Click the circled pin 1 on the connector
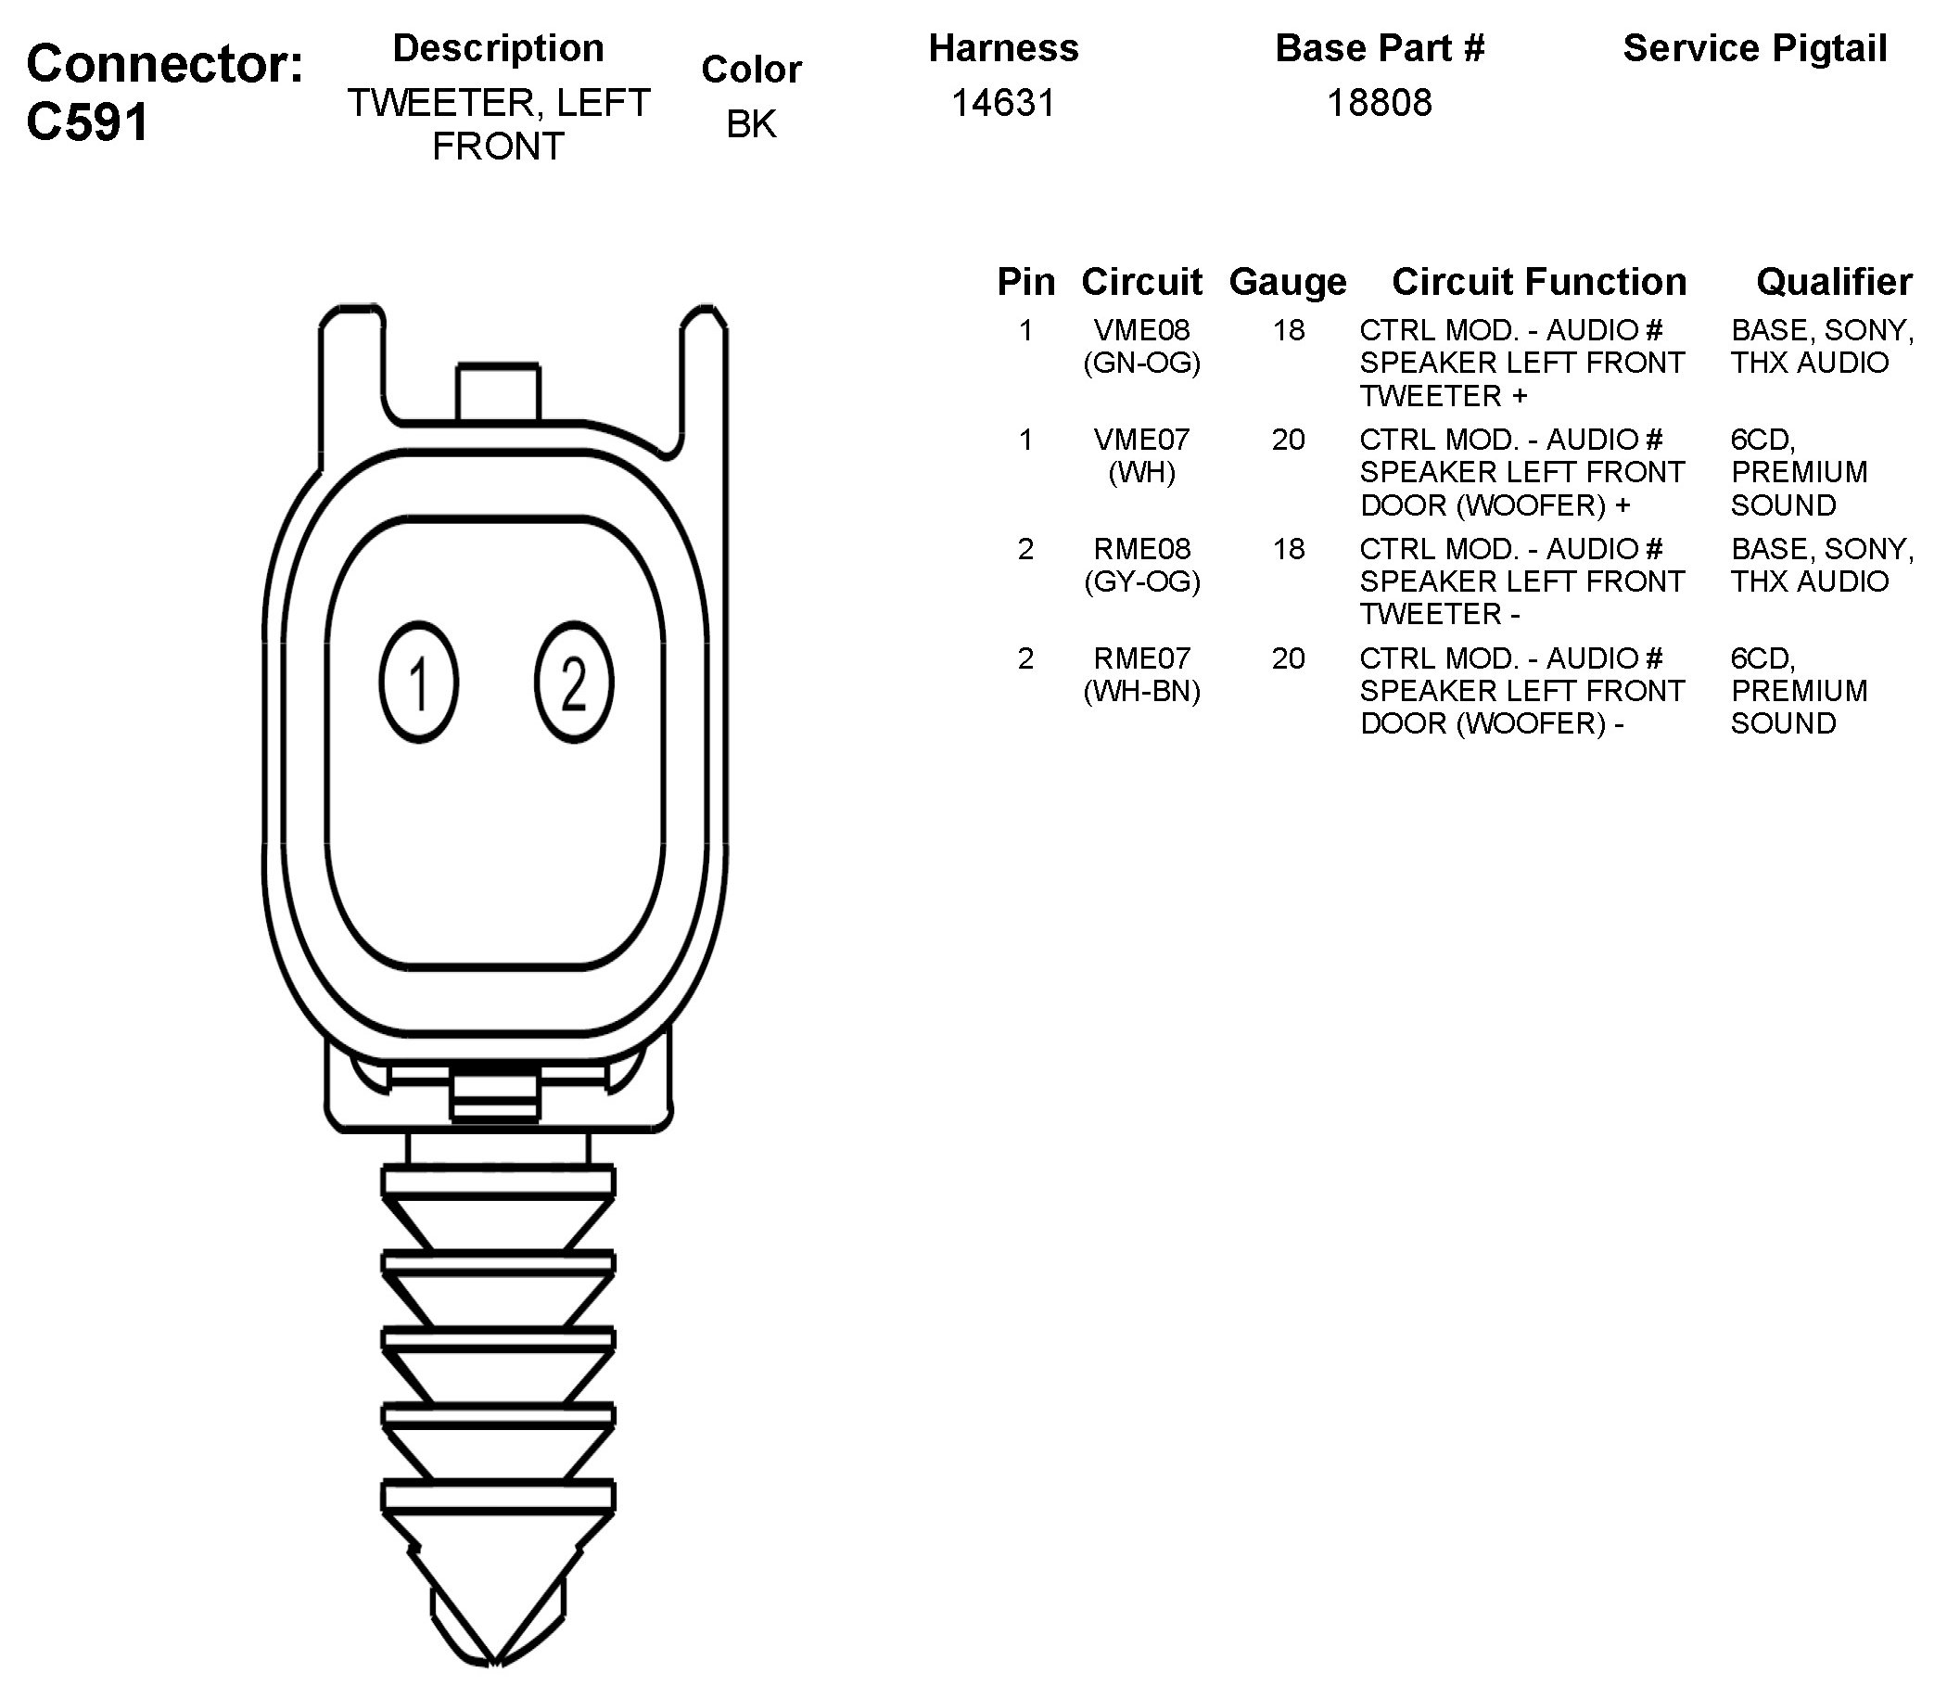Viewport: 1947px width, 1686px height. point(418,683)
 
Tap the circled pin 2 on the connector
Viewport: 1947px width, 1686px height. point(574,683)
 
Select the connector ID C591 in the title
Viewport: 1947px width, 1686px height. point(87,122)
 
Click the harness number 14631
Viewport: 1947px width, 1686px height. point(1002,103)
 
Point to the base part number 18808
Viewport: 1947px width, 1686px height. point(1379,103)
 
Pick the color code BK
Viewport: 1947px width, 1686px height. point(752,124)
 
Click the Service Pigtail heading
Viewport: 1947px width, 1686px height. point(1754,49)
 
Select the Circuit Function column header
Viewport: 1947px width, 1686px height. point(1539,281)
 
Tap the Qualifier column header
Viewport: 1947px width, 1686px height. point(1833,281)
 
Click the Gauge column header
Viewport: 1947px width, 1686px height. point(1288,281)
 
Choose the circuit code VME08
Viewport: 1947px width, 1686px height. point(1142,330)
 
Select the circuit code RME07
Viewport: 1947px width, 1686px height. point(1142,658)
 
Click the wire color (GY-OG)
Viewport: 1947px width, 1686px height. point(1142,581)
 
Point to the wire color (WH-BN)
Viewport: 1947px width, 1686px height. point(1142,692)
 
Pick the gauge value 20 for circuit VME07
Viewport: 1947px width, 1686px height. point(1288,440)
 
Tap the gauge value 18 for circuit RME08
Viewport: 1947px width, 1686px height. point(1288,548)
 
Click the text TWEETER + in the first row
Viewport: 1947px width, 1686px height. point(1443,396)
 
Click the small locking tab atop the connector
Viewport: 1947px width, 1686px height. point(499,391)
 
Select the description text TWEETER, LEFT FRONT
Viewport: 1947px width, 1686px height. point(499,124)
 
